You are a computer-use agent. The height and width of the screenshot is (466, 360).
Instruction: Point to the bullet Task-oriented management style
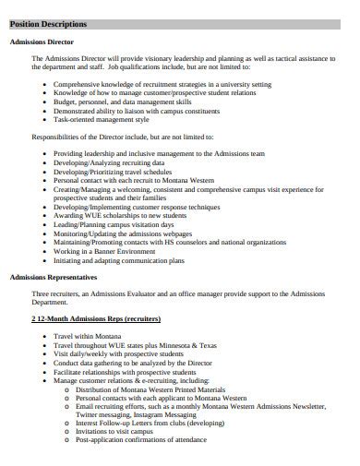101,119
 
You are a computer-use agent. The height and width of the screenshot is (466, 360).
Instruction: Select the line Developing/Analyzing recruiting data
112,161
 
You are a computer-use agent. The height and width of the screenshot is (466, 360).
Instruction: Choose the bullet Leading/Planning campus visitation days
114,224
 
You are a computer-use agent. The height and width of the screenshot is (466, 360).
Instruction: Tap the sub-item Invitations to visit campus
114,431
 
